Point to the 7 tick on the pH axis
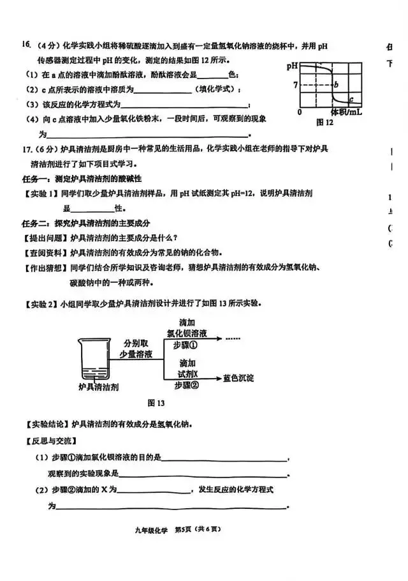295,85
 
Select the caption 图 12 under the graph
325,121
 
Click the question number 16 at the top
26,45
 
